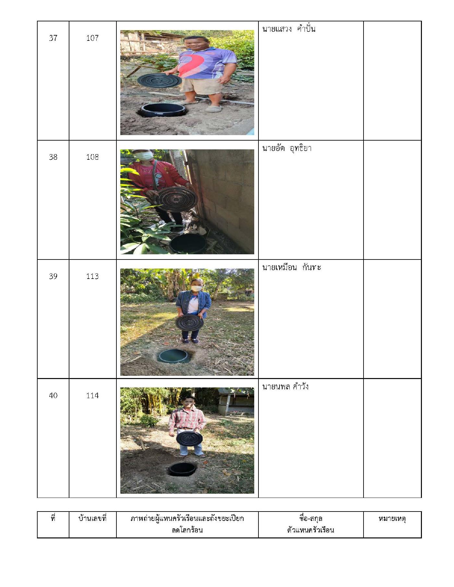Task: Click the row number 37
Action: coord(53,38)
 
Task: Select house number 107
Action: coord(92,38)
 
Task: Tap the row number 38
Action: coord(53,157)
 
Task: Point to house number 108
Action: coord(92,157)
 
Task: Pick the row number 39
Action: coord(53,276)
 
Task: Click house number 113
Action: coord(92,276)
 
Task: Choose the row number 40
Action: coord(53,396)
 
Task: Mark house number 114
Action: coord(92,396)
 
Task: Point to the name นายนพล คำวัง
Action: coord(285,386)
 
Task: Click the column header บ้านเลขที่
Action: coord(92,518)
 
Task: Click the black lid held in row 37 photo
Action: coord(159,80)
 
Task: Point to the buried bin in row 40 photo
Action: coord(183,469)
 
